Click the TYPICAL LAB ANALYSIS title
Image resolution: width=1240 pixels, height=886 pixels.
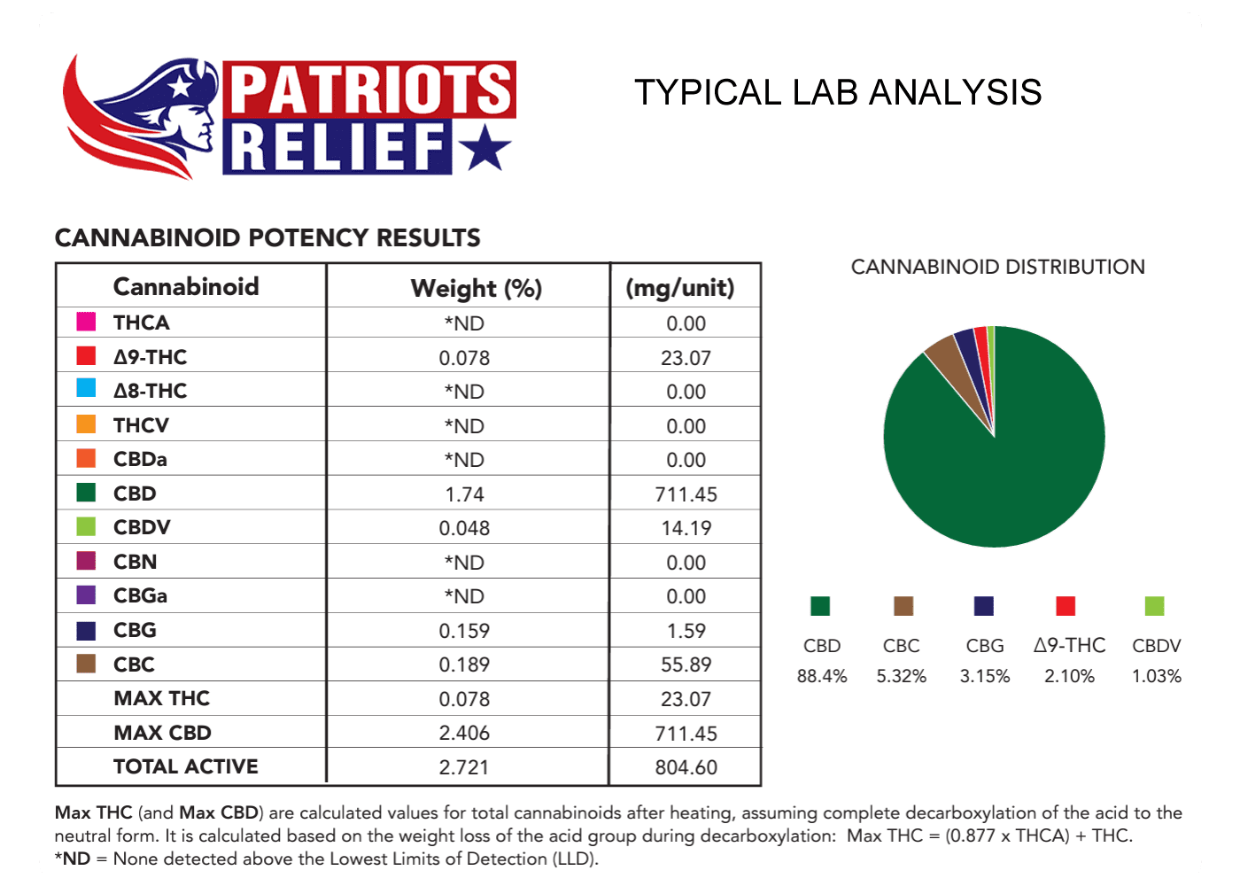pyautogui.click(x=838, y=92)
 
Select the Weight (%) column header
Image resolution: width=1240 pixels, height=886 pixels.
pyautogui.click(x=476, y=288)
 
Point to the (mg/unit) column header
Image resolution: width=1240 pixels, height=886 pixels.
pyautogui.click(x=680, y=288)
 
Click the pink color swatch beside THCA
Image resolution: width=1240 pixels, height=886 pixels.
pyautogui.click(x=86, y=322)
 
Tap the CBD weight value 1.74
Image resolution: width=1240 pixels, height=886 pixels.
pyautogui.click(x=464, y=494)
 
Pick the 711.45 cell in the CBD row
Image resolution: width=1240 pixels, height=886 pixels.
pyautogui.click(x=686, y=494)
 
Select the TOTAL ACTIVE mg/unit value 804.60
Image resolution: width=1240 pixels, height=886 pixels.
pyautogui.click(x=686, y=767)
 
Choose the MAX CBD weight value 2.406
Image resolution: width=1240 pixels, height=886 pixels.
pyautogui.click(x=464, y=734)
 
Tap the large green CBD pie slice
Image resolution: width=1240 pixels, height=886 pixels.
pyautogui.click(x=1001, y=461)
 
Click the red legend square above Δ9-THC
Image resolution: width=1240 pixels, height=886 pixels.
pyautogui.click(x=1066, y=606)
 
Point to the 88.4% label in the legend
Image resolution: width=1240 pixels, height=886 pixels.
pyautogui.click(x=822, y=676)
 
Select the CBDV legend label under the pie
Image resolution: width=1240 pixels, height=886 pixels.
pyautogui.click(x=1156, y=646)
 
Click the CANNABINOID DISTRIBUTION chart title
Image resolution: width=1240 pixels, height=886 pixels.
pyautogui.click(x=997, y=267)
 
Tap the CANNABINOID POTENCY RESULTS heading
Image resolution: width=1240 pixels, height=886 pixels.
pyautogui.click(x=267, y=237)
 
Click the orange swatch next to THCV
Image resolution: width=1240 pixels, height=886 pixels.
pyautogui.click(x=86, y=424)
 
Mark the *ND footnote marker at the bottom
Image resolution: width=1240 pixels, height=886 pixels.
pyautogui.click(x=73, y=859)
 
